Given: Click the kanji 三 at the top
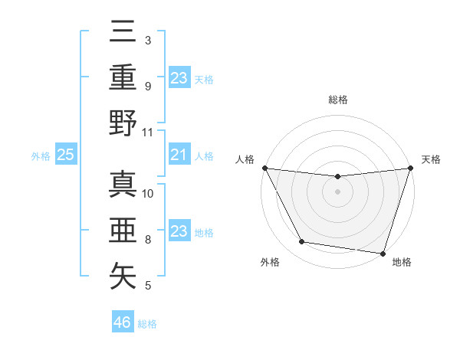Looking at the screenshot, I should (123, 31).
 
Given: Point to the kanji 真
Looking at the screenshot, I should (123, 183).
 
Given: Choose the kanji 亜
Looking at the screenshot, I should (123, 230).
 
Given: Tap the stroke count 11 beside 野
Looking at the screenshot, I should (149, 132).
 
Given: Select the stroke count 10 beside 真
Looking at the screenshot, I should (149, 193).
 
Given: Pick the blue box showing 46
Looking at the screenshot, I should (123, 322).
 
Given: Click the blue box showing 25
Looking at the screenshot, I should (66, 155).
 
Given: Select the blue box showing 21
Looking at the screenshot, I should (179, 155).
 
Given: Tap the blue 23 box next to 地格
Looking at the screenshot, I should (179, 232).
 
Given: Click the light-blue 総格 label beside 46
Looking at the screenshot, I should (147, 324).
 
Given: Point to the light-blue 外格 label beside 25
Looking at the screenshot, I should (41, 156).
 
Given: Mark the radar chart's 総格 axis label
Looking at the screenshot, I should (337, 100).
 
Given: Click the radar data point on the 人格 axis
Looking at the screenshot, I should (264, 168).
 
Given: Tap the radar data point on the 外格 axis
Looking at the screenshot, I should (302, 242).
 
